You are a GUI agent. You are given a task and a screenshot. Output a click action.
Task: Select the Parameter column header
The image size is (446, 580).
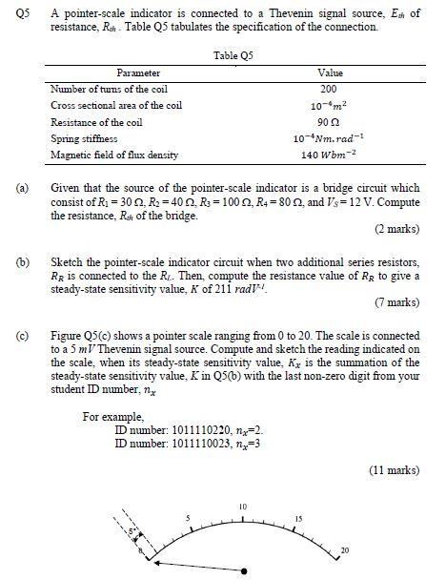point(137,72)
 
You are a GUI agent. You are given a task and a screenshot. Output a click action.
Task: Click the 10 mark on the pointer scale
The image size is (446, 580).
point(243,505)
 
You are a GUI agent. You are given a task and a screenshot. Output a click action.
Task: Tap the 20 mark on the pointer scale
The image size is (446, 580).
point(345,550)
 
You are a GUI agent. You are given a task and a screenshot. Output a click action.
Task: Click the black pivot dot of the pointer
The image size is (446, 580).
point(247,570)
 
